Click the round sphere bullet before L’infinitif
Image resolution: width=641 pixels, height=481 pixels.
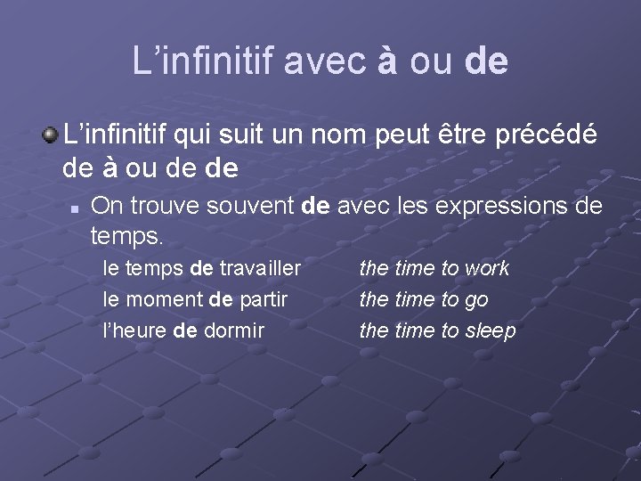coord(51,135)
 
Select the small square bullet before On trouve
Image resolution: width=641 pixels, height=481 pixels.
coord(76,207)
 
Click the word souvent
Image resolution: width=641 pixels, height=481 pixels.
coord(252,207)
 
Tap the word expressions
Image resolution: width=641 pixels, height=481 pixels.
coord(505,207)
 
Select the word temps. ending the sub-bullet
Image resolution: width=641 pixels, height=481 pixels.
coord(127,236)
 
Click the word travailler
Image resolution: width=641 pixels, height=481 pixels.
coord(260,268)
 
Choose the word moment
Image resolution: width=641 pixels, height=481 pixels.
coord(166,299)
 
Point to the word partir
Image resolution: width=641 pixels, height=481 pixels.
coord(264,299)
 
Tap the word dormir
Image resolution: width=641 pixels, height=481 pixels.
coord(234,330)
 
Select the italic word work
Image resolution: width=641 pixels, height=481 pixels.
coord(487,268)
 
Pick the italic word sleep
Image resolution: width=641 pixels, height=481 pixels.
coord(491,331)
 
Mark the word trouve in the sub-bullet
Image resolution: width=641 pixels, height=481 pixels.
coord(164,207)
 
